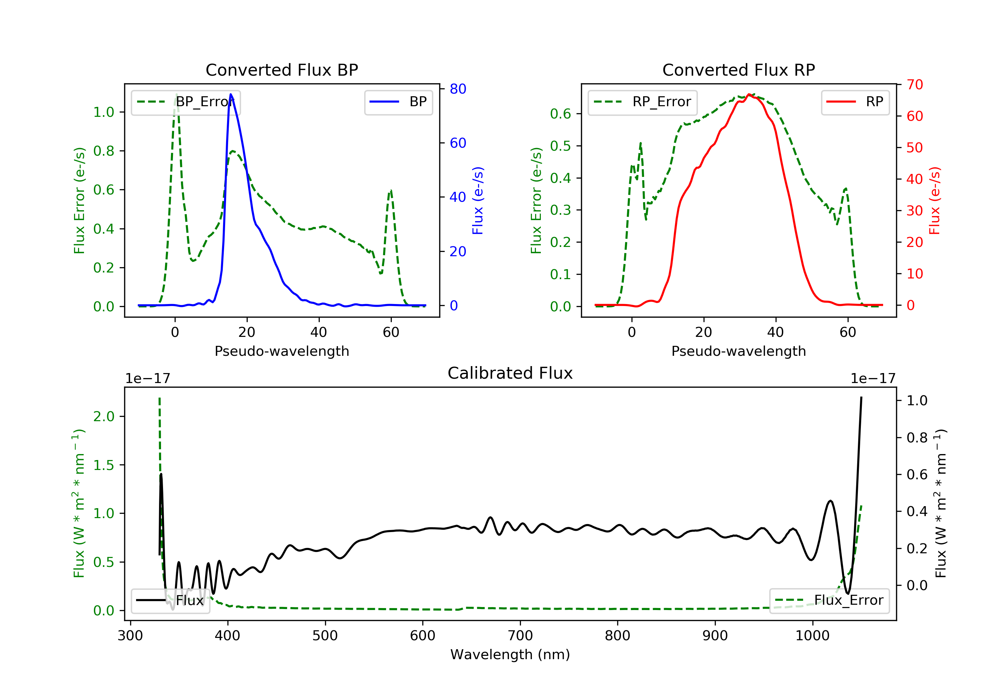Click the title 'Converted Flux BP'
click(x=282, y=70)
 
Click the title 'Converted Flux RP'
click(x=738, y=70)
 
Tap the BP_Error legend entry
click(x=186, y=102)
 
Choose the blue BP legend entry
click(x=398, y=102)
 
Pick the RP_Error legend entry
click(x=642, y=102)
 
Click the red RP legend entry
click(x=855, y=102)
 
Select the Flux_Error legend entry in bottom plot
click(x=829, y=600)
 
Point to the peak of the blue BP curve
click(x=231, y=94)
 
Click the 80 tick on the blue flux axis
click(x=457, y=89)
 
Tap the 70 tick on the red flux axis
click(x=914, y=85)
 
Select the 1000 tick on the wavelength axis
click(x=812, y=636)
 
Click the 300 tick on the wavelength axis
click(x=130, y=636)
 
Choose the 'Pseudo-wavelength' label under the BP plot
click(x=282, y=351)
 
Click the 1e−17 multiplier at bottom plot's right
click(x=873, y=379)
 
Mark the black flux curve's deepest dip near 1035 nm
click(x=848, y=593)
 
